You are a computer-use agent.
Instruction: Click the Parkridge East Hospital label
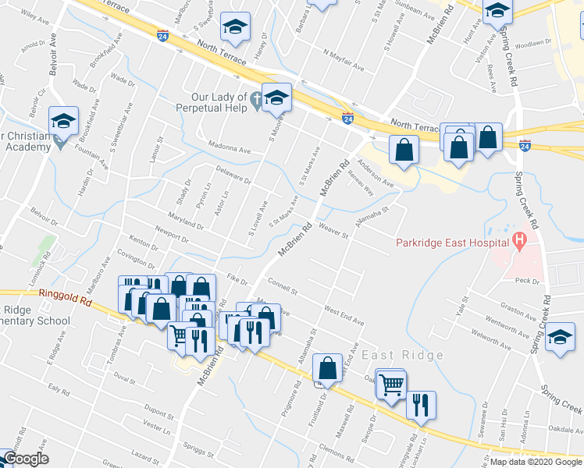(x=452, y=242)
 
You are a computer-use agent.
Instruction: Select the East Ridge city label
(x=402, y=355)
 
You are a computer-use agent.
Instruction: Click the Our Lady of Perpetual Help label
(x=212, y=102)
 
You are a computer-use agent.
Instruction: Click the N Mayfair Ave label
(x=343, y=60)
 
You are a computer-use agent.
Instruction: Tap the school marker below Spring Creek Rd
(x=560, y=339)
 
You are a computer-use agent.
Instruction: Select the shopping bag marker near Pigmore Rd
(x=329, y=368)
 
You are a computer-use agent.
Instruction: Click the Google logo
(x=26, y=459)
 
